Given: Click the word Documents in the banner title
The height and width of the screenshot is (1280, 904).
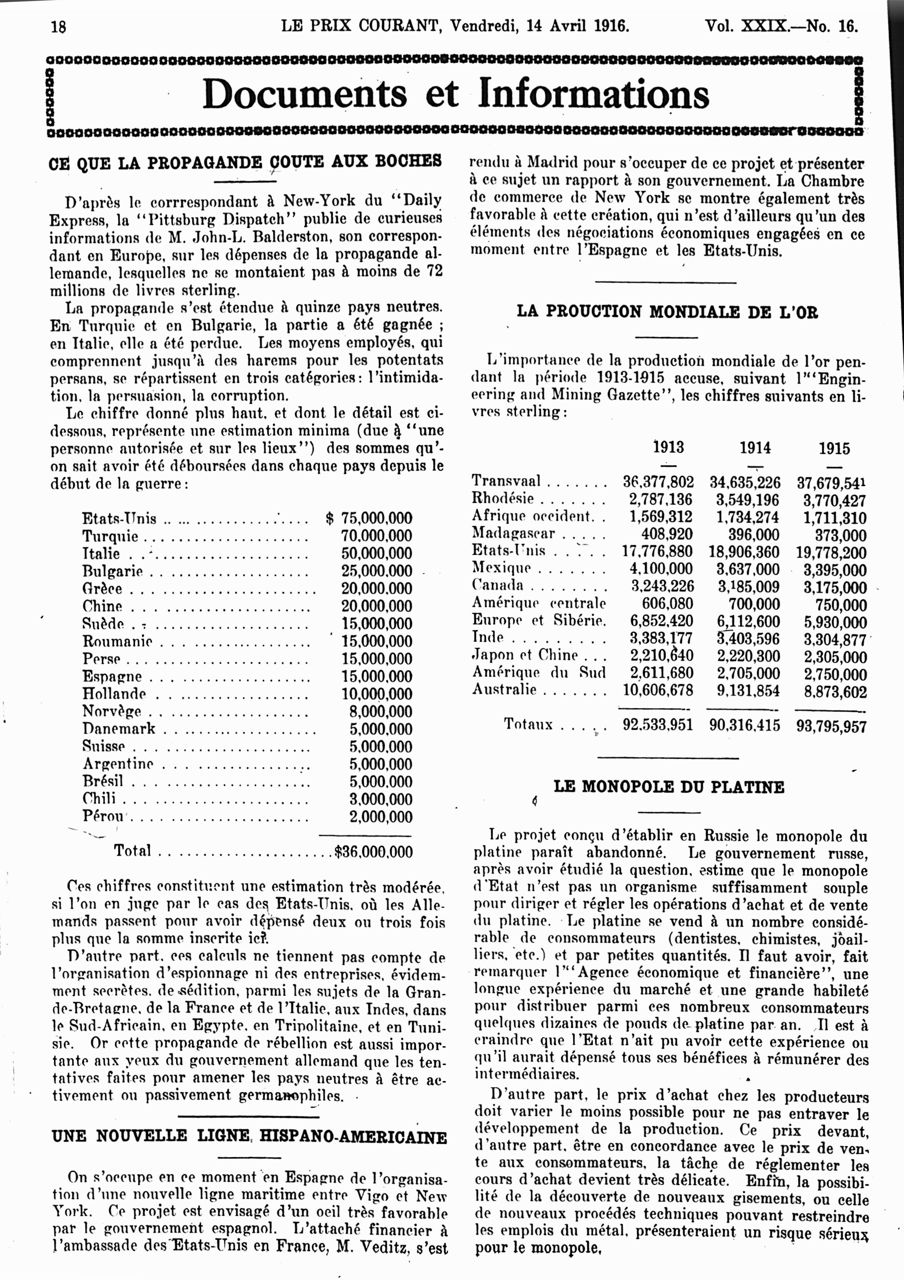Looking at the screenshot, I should pyautogui.click(x=304, y=94).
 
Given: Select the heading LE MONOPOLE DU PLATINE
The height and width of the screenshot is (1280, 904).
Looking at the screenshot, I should pyautogui.click(x=668, y=787).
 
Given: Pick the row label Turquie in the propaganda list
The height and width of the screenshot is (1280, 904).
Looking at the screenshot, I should pyautogui.click(x=110, y=536).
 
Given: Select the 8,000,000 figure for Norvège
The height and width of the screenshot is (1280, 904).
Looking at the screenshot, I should pyautogui.click(x=381, y=711).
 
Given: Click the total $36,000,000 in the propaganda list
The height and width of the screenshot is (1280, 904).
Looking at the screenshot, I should pyautogui.click(x=374, y=852).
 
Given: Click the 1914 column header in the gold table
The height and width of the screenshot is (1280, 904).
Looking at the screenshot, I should pyautogui.click(x=755, y=448).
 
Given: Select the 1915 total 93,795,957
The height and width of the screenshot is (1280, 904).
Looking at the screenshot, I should pyautogui.click(x=831, y=726).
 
